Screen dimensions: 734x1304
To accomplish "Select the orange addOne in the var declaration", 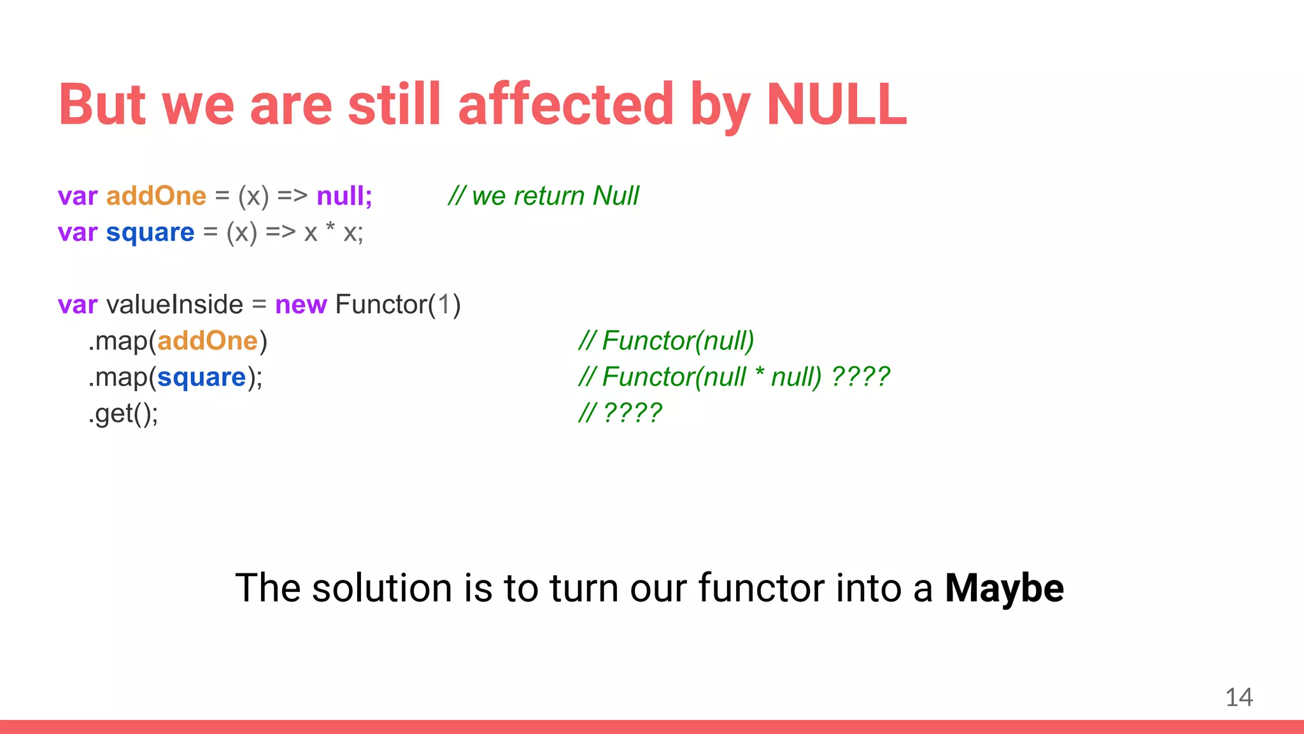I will (x=156, y=196).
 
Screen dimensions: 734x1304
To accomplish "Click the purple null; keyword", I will (x=344, y=196).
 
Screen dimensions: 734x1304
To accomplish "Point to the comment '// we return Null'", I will (x=543, y=196).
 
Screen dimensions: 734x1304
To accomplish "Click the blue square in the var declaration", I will (x=150, y=233).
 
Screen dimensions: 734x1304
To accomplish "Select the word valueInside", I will (x=174, y=305).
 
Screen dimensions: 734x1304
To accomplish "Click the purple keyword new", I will (x=301, y=305).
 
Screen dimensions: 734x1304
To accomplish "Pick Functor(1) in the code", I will (x=397, y=305).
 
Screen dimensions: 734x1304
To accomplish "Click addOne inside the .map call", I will (x=208, y=342).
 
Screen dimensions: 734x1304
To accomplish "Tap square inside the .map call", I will (x=201, y=378).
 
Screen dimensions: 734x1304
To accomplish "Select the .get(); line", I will (x=124, y=414).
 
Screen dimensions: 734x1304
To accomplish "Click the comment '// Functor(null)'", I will (x=666, y=341).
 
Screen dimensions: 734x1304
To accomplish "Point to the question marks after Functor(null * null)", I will (x=860, y=377).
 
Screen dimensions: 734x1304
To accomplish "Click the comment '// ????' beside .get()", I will (x=620, y=413).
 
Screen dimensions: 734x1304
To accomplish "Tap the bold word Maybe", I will (x=1004, y=587).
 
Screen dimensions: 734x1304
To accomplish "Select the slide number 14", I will (x=1238, y=697).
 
